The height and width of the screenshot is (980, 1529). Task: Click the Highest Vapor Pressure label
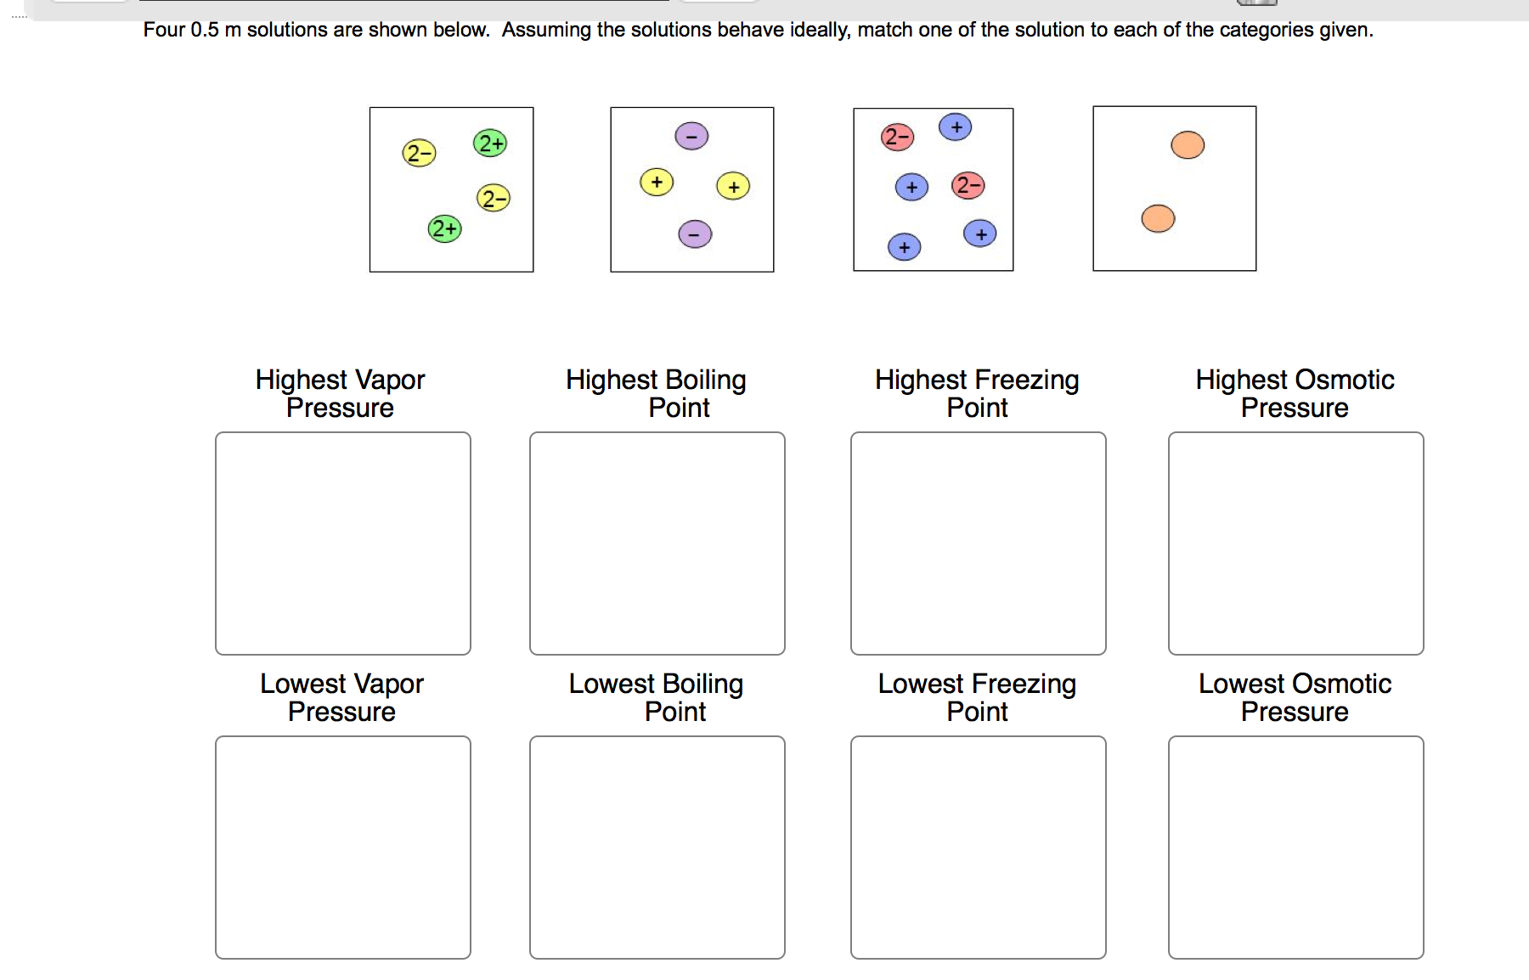340,393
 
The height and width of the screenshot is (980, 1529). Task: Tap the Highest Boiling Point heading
656,393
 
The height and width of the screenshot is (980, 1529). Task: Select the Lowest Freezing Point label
977,697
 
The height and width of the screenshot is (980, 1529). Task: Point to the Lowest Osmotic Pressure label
1295,697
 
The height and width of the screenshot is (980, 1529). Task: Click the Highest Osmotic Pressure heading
1295,393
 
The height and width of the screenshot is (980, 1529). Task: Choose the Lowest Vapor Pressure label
341,697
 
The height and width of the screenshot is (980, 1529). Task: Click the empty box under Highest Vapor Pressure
343,544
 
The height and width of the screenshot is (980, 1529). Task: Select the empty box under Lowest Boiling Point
657,848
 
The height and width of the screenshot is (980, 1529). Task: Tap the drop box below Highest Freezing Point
979,544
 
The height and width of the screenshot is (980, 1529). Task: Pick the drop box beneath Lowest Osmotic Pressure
1296,848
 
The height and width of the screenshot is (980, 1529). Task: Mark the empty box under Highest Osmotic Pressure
1296,544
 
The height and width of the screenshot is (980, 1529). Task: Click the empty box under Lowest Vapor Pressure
343,848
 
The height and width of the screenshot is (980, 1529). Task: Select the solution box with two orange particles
1174,189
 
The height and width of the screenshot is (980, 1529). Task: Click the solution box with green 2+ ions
452,189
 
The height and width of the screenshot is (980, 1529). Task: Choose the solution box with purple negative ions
692,189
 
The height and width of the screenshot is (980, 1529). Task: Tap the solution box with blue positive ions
934,189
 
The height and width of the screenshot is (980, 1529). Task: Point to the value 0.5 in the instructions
205,31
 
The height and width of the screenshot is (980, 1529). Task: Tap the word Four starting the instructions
164,31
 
